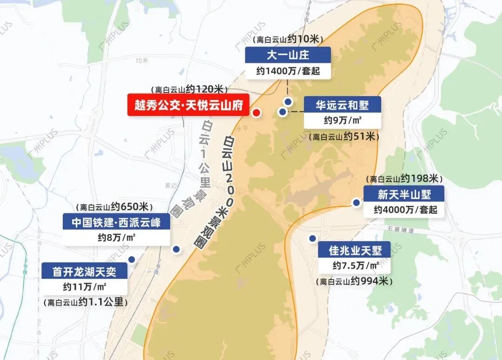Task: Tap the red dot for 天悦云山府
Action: click(x=256, y=112)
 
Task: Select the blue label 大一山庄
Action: click(x=288, y=55)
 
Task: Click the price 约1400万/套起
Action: click(x=288, y=71)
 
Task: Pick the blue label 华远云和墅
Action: click(x=342, y=105)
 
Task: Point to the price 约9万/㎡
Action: click(x=343, y=121)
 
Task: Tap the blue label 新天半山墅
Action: click(x=403, y=194)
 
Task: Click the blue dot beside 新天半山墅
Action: click(x=357, y=203)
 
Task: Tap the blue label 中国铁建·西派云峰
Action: click(x=116, y=223)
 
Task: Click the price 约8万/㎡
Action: click(x=116, y=238)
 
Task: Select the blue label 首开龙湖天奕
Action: click(x=84, y=271)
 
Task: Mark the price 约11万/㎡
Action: click(x=84, y=286)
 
